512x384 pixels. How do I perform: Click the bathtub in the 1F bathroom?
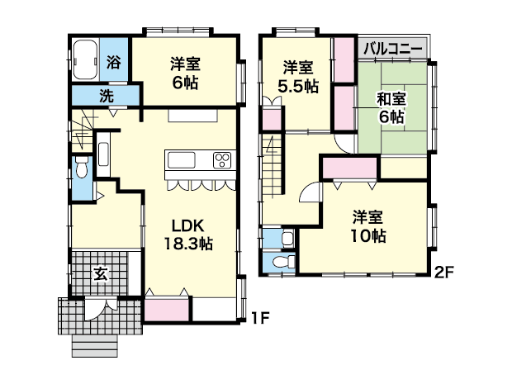pyautogui.click(x=85, y=60)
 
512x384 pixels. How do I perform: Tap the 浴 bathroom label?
pyautogui.click(x=114, y=62)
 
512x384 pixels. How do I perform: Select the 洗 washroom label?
pyautogui.click(x=107, y=96)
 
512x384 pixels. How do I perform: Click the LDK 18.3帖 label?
pyautogui.click(x=188, y=235)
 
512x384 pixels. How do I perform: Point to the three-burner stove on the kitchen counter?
pyautogui.click(x=222, y=161)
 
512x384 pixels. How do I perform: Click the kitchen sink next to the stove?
pyautogui.click(x=182, y=160)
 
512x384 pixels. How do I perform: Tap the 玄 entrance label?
pyautogui.click(x=101, y=274)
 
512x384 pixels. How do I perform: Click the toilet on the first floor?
pyautogui.click(x=81, y=167)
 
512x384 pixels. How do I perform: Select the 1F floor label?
pyautogui.click(x=260, y=318)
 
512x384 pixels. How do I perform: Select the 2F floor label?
pyautogui.click(x=444, y=272)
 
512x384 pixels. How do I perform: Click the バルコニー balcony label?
pyautogui.click(x=393, y=49)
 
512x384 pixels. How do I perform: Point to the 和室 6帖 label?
pyautogui.click(x=391, y=107)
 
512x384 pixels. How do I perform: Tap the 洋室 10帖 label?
pyautogui.click(x=367, y=226)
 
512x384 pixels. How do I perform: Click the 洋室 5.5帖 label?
pyautogui.click(x=298, y=77)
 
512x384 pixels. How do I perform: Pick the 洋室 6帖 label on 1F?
pyautogui.click(x=185, y=73)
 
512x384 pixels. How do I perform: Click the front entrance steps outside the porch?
pyautogui.click(x=95, y=346)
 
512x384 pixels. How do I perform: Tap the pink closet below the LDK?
pyautogui.click(x=167, y=309)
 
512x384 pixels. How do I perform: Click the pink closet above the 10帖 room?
pyautogui.click(x=350, y=168)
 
